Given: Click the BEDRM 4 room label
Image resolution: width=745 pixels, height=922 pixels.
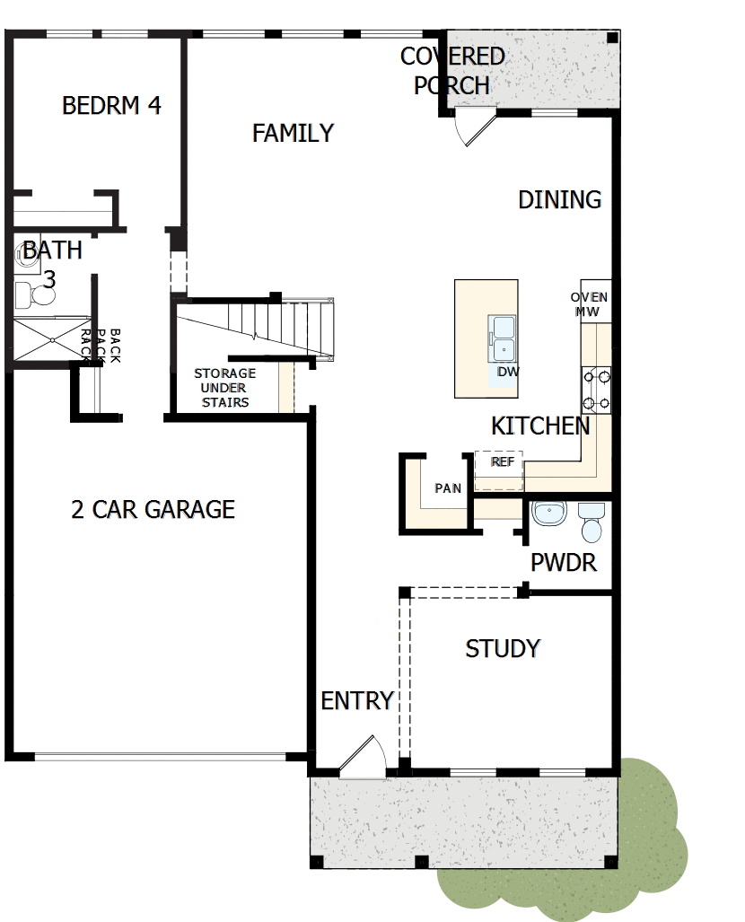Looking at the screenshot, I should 111,106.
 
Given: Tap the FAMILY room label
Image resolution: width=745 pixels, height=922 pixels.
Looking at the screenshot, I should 293,134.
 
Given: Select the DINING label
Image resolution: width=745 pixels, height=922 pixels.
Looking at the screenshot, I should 559,199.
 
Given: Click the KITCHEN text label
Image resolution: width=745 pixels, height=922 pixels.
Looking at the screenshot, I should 540,426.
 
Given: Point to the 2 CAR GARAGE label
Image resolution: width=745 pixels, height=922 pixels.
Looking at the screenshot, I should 153,510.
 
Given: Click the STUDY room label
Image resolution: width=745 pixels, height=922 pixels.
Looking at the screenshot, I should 503,648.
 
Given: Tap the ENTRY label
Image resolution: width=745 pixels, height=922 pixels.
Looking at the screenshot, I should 357,701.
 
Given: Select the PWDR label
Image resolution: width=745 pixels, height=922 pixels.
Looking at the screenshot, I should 564,563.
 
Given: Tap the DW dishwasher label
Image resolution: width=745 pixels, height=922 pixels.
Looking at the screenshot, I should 508,371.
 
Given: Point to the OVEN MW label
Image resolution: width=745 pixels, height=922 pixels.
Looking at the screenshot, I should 590,304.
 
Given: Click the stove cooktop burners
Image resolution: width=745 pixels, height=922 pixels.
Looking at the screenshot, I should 598,390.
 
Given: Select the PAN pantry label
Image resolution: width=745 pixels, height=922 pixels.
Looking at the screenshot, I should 448,488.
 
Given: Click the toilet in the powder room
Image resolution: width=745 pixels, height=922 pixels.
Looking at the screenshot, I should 592,523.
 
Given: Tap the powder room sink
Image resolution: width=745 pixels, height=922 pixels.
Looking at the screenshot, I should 548,514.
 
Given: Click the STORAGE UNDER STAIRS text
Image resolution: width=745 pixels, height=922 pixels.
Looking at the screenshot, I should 224,388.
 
